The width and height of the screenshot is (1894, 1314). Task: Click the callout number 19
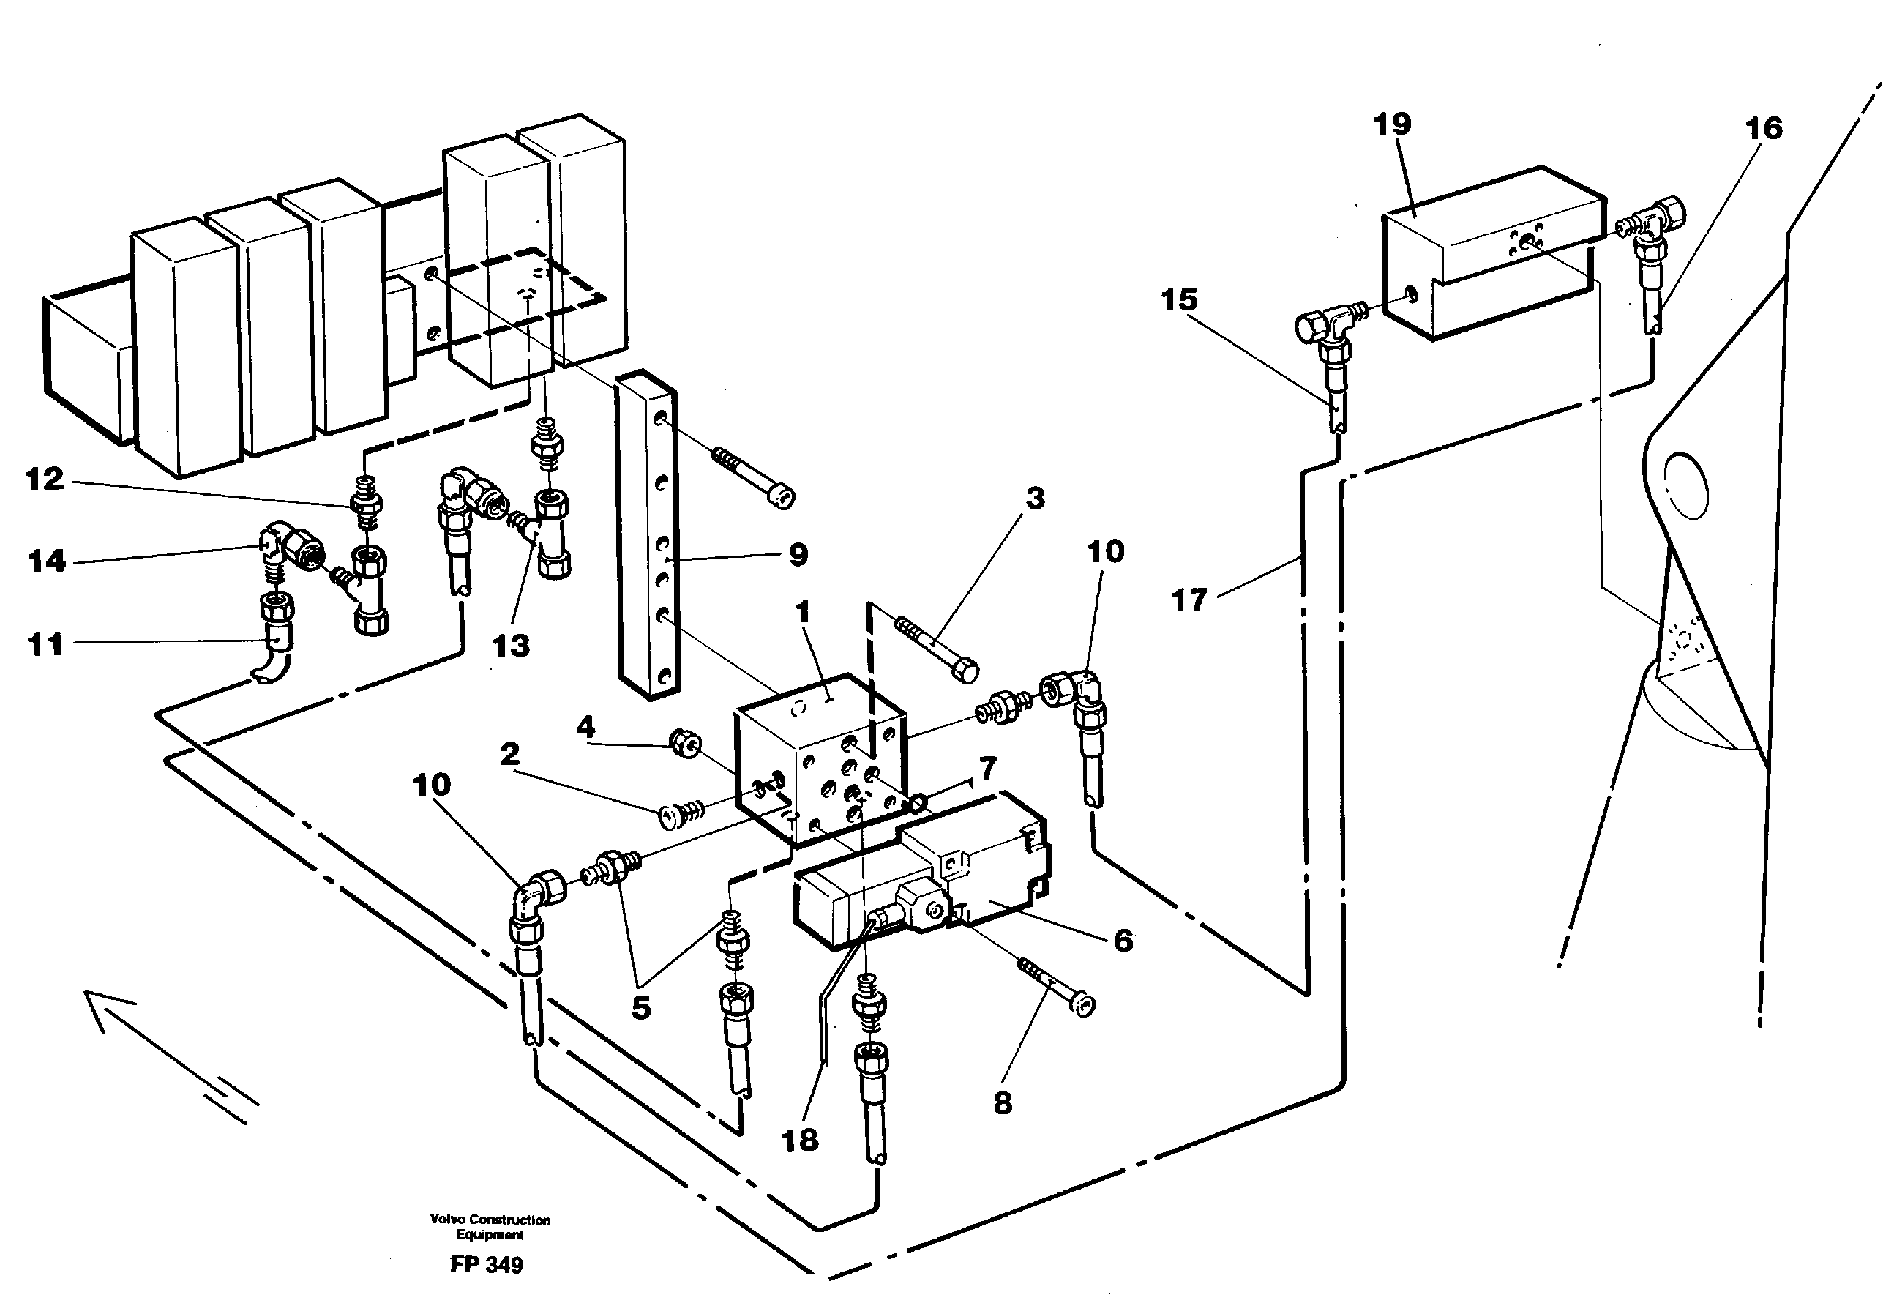(1392, 124)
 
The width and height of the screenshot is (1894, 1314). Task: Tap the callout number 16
(1763, 128)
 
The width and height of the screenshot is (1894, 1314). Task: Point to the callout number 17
(1189, 600)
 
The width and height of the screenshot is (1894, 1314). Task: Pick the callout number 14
(46, 561)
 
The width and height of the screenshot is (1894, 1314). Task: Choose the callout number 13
(510, 646)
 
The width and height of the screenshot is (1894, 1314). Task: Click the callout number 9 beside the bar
(798, 555)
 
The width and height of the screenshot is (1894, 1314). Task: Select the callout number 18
(799, 1141)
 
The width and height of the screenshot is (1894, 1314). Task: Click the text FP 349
(486, 1265)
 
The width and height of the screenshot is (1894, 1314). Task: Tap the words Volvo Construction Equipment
(490, 1227)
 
